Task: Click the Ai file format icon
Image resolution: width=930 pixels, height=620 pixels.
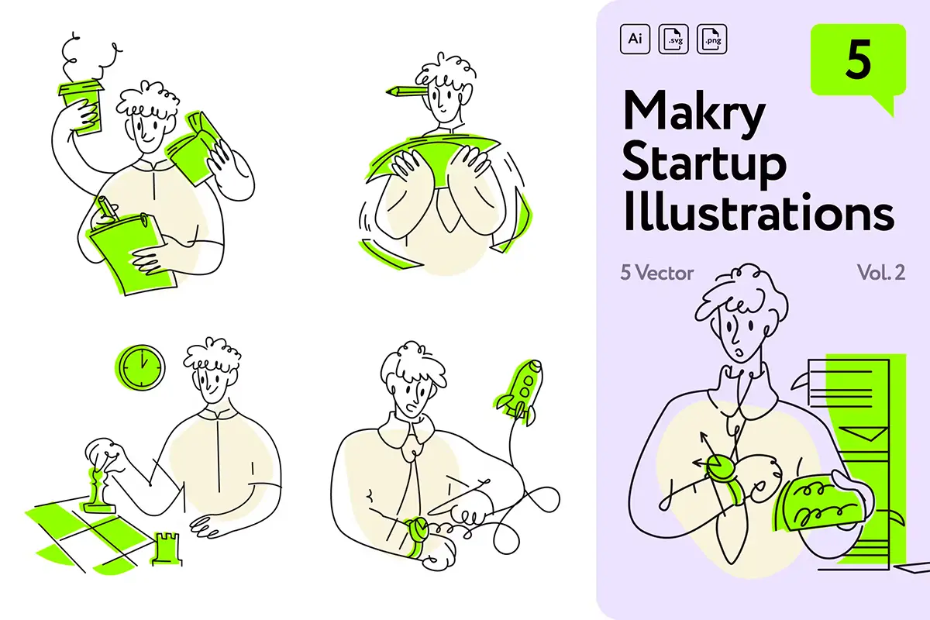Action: coord(635,39)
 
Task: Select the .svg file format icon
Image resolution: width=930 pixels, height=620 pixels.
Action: coord(673,39)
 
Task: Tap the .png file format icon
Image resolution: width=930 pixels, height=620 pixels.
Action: coord(712,39)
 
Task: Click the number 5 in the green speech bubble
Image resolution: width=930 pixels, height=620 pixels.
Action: coord(858,60)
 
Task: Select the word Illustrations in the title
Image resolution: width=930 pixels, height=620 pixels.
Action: coord(759,212)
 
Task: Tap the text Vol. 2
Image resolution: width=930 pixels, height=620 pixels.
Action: coord(881,273)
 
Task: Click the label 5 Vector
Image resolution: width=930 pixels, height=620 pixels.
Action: coord(657,273)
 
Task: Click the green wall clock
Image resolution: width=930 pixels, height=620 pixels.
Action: coord(140,367)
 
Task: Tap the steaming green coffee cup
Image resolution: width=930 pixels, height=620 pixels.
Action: coord(81,107)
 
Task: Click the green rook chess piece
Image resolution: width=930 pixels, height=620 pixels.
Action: coord(166,549)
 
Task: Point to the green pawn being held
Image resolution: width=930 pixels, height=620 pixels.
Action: coord(97,490)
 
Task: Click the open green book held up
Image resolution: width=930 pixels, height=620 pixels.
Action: coord(195,147)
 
